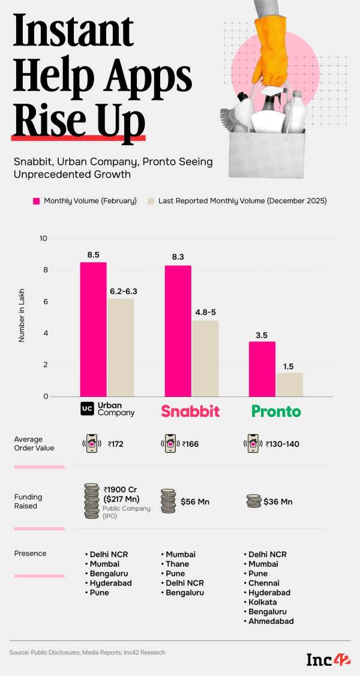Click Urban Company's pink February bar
(x=93, y=329)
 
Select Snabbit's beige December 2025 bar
(x=205, y=358)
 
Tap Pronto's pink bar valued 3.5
(x=262, y=369)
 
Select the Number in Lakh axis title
(x=22, y=317)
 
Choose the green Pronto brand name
(x=276, y=411)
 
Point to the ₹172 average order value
(x=118, y=444)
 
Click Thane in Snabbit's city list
(x=177, y=564)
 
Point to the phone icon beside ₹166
(x=170, y=444)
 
